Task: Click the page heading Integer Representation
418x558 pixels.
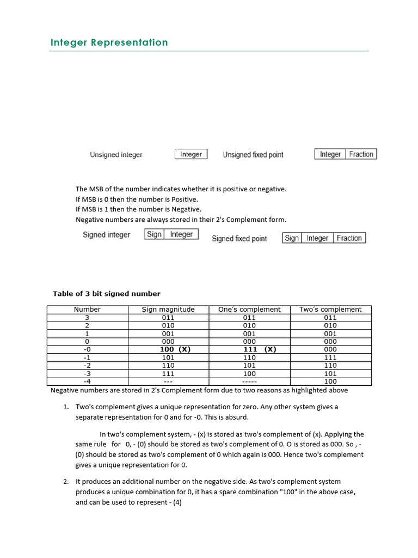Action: tap(109, 43)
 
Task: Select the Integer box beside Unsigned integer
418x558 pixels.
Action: tap(191, 154)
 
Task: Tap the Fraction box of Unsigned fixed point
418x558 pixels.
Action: tap(361, 154)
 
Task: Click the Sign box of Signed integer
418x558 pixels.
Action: tap(155, 234)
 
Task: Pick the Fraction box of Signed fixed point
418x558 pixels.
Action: tap(349, 238)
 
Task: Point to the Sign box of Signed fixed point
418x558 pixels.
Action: tap(292, 238)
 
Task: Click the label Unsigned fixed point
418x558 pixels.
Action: tap(253, 155)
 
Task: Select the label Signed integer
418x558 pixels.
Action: tap(107, 235)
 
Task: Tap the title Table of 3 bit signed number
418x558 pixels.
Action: tap(107, 294)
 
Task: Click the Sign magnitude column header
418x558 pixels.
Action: tap(168, 310)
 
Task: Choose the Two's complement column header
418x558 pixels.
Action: tap(330, 310)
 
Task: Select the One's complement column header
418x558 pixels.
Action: tap(249, 310)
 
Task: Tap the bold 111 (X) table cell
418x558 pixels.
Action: tap(259, 349)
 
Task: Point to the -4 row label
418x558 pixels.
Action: tap(87, 381)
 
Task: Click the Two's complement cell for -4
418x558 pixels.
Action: tap(330, 381)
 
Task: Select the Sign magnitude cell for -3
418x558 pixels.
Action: tap(168, 374)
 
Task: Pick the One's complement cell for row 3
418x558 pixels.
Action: tap(249, 317)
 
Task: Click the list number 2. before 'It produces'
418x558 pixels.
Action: tap(65, 482)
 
